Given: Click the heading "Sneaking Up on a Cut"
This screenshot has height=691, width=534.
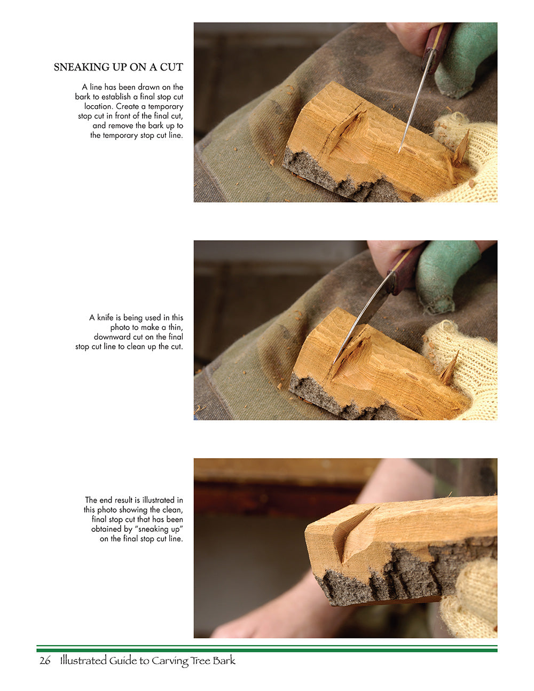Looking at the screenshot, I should tap(118, 67).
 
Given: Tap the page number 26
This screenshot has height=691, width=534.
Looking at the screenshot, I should tap(45, 661).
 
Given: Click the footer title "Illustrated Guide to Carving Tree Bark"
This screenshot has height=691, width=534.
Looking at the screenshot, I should tap(147, 661).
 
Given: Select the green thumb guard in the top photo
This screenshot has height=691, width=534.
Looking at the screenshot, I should tap(465, 59).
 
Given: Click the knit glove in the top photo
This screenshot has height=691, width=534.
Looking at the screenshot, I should tap(470, 160).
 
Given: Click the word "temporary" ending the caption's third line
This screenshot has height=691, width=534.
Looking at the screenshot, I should tap(166, 106).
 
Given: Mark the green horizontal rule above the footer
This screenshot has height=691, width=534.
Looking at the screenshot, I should tap(267, 649).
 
